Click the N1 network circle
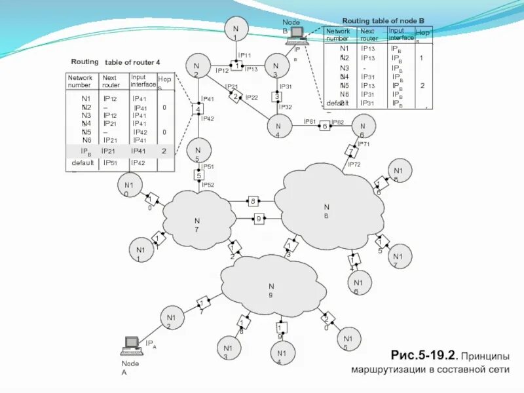[234, 31]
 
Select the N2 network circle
[196, 69]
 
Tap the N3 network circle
[276, 69]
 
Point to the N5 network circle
[197, 151]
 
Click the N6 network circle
[362, 126]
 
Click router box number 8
[253, 201]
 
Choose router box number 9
[259, 218]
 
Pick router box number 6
[324, 126]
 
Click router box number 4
[198, 109]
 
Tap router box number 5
[198, 176]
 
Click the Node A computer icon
[131, 343]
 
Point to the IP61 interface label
[310, 122]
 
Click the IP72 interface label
[354, 164]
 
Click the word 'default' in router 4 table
[83, 162]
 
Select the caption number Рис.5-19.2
[422, 356]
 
